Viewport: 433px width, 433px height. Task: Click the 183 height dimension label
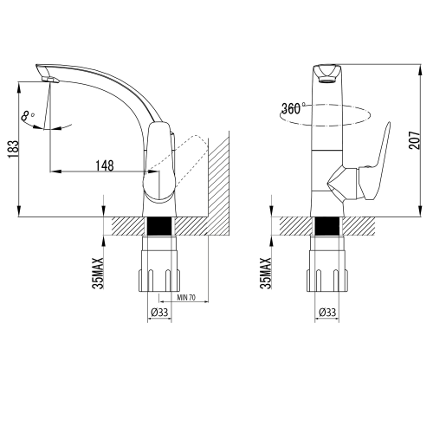coord(13,149)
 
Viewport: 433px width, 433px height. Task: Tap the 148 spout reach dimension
coord(105,165)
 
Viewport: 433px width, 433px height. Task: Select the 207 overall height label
coord(414,140)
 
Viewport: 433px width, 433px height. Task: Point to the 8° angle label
coord(28,116)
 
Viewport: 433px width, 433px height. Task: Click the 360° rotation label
coord(293,108)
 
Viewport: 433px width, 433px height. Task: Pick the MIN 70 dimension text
coord(186,297)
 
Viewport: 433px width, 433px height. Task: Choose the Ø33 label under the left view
coord(159,312)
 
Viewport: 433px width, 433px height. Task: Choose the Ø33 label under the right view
coord(327,312)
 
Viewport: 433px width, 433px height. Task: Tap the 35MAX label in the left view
coord(98,273)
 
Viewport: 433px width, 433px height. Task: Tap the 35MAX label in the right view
coord(266,273)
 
